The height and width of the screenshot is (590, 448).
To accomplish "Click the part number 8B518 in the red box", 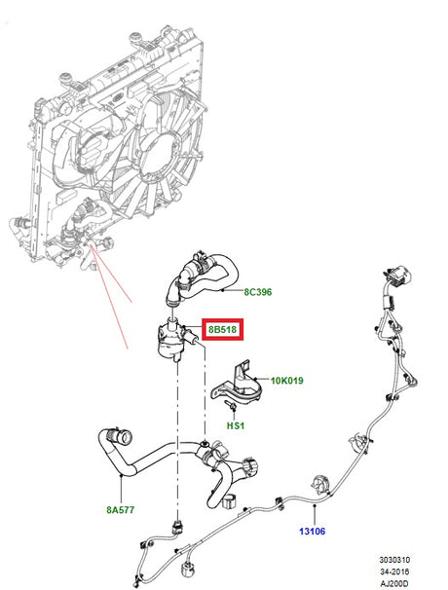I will pyautogui.click(x=223, y=331).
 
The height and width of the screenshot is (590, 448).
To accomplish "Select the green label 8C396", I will pyautogui.click(x=258, y=291).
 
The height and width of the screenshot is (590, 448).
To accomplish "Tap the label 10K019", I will pyautogui.click(x=286, y=381).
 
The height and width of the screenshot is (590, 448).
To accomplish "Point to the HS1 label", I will pyautogui.click(x=237, y=425).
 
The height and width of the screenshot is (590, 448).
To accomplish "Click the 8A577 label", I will pyautogui.click(x=120, y=507).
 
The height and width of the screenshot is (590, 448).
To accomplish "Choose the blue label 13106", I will pyautogui.click(x=313, y=532).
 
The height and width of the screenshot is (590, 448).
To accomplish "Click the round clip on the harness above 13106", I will pyautogui.click(x=318, y=485).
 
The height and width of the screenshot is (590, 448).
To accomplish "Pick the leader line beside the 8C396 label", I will pyautogui.click(x=234, y=291).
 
